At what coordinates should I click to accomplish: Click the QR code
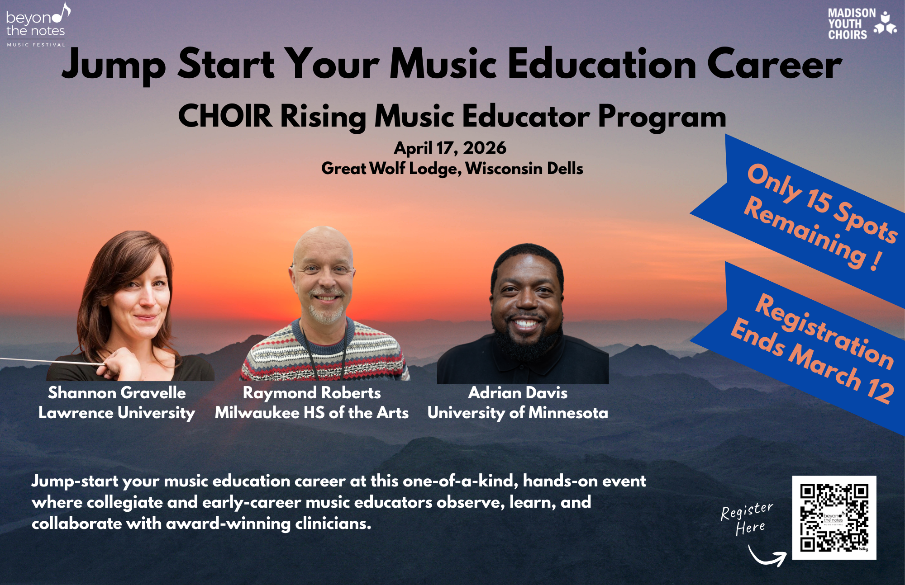pos(834,518)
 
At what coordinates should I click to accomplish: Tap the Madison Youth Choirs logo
pos(861,24)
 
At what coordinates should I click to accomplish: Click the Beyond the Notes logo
pos(37,25)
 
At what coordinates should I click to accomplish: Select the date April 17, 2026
pos(450,148)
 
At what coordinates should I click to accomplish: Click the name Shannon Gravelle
pos(117,392)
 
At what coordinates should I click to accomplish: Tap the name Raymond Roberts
pos(311,392)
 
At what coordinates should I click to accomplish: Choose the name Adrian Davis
pos(518,392)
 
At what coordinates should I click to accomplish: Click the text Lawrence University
pos(117,413)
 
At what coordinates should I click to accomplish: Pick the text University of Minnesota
pos(518,413)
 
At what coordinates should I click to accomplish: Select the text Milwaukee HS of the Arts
pos(311,413)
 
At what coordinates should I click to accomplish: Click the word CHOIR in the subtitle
pos(225,116)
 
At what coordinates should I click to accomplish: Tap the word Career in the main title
pos(774,65)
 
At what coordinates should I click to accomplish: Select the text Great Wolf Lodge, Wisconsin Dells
pos(452,169)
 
